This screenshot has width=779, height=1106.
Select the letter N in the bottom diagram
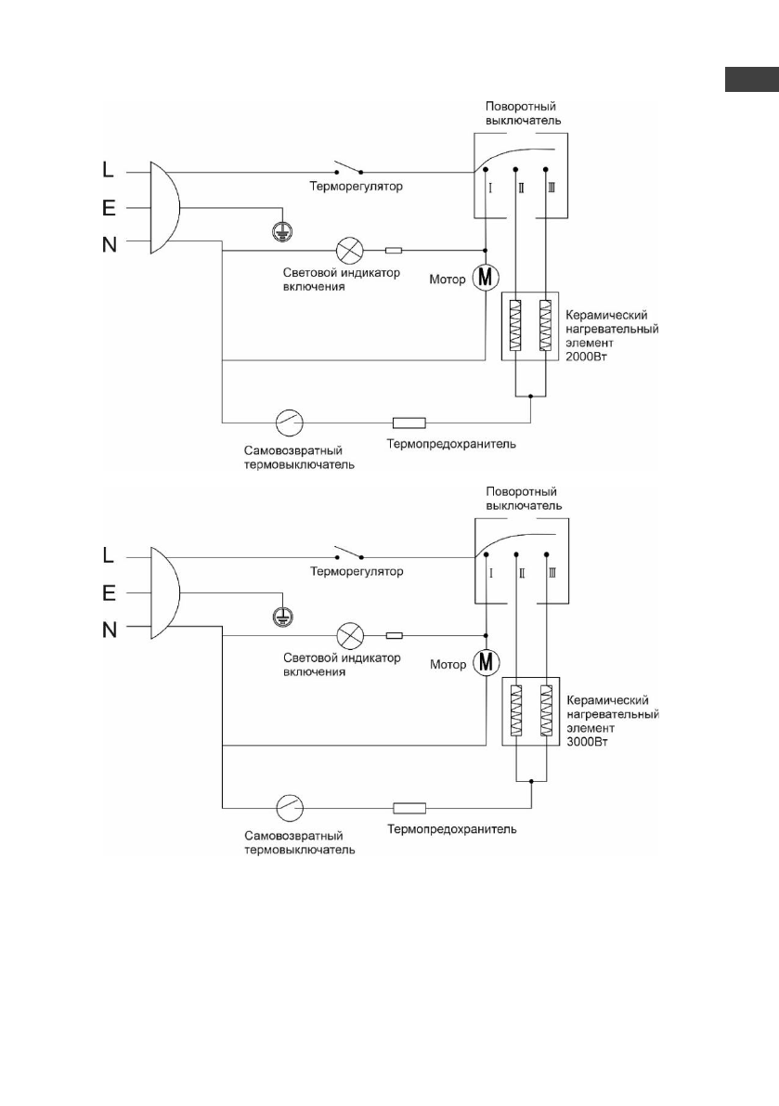110,630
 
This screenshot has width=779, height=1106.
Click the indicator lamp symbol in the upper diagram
350,250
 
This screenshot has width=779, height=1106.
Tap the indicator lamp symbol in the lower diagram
350,635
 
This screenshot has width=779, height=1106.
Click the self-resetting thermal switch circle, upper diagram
289,423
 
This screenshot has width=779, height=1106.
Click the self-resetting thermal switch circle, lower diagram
289,807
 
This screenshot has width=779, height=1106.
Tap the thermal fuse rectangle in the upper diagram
409,423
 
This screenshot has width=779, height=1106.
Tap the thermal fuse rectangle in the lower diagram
409,807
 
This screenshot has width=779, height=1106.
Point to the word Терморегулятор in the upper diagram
357,187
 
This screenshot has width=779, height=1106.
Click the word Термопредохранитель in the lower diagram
452,828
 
